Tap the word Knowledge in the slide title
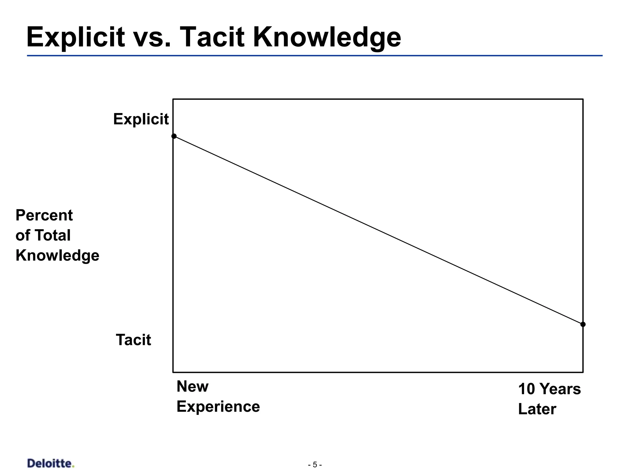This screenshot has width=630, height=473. click(327, 38)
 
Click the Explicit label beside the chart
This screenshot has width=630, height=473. click(141, 119)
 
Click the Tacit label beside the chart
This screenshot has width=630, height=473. click(133, 340)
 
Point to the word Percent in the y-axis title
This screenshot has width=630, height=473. click(44, 215)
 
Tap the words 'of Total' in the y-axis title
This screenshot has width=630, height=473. click(43, 235)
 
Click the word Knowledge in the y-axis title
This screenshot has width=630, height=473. click(57, 256)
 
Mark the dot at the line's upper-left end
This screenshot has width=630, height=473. click(174, 136)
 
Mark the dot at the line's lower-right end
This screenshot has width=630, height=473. click(583, 324)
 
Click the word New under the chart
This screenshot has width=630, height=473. click(193, 386)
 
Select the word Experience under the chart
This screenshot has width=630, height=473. click(218, 406)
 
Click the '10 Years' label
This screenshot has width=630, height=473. click(549, 389)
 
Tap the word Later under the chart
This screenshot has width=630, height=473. click(537, 409)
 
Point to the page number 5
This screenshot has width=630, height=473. click(315, 465)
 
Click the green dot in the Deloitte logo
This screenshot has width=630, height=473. click(73, 467)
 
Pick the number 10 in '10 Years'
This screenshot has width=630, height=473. click(527, 389)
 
